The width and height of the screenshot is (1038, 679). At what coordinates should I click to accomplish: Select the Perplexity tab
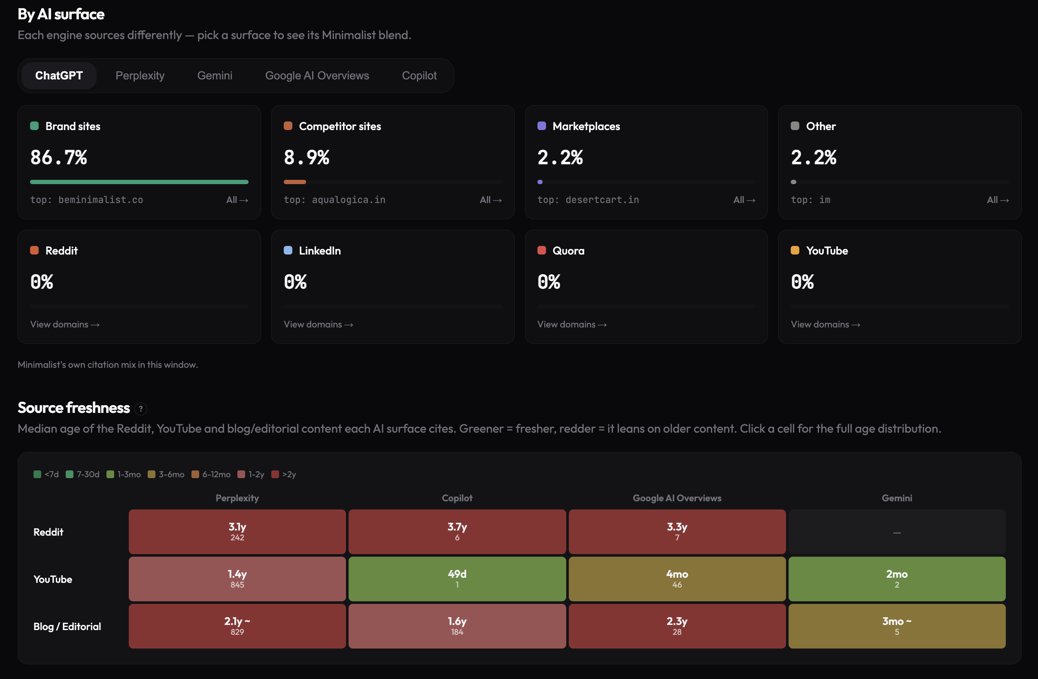140,76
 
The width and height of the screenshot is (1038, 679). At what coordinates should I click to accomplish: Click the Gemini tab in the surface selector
215,76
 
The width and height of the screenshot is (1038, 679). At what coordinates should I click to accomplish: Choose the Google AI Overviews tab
317,76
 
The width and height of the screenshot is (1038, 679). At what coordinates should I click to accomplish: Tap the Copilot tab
419,76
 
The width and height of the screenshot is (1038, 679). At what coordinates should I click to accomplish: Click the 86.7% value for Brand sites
59,158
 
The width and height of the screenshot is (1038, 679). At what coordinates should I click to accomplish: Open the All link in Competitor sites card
491,200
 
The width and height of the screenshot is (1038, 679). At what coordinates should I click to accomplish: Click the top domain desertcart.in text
602,200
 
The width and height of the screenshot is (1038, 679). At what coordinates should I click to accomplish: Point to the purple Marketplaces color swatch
542,126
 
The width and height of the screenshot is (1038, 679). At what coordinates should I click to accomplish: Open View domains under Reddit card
65,324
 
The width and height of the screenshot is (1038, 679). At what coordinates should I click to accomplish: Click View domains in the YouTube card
826,324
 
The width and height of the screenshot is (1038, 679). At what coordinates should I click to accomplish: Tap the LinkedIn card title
320,251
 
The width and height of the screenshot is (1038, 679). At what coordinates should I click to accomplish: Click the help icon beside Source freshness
141,409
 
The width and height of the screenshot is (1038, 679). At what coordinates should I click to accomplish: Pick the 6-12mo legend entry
211,474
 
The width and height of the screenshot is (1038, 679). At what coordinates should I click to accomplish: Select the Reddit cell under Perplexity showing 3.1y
237,532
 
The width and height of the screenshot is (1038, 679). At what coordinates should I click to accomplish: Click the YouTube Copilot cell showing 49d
457,579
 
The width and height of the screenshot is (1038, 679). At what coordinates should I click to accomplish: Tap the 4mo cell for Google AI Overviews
677,579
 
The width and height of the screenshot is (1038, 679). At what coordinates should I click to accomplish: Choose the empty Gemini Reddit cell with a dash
897,532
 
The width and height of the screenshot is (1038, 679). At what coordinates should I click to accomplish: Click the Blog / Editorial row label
67,626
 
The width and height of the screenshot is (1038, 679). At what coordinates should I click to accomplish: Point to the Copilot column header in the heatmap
457,498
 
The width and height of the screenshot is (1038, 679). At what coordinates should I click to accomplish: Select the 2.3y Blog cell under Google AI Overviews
677,626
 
